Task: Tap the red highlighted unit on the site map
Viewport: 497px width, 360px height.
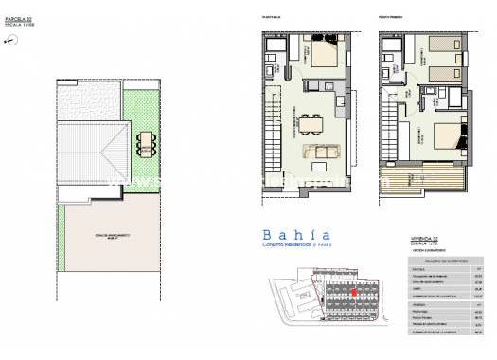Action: pos(355,295)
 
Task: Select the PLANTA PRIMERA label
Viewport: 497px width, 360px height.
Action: pos(391,17)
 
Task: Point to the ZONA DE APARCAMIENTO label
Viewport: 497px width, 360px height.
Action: pos(111,236)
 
